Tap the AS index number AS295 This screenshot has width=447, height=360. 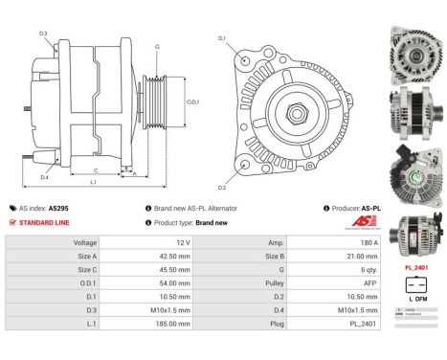point(58,208)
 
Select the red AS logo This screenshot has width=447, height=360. point(365,221)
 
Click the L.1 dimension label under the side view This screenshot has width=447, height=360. point(93,181)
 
